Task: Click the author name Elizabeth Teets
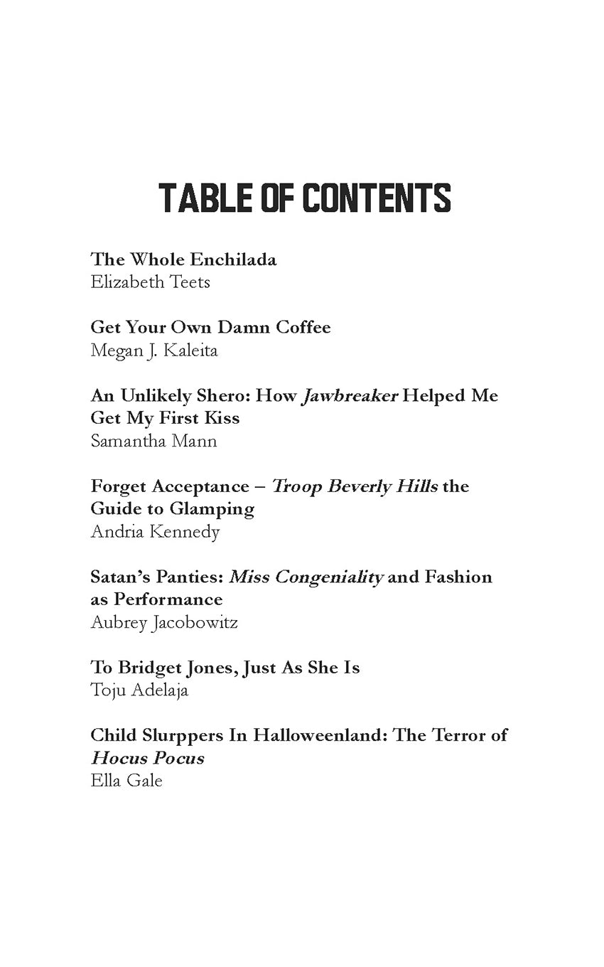(151, 282)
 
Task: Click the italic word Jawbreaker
(350, 396)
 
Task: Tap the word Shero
(225, 396)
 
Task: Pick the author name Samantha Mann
(153, 441)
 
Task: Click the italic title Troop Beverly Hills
(355, 487)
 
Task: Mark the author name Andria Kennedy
(155, 532)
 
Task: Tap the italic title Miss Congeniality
(306, 577)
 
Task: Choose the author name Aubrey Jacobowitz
(164, 623)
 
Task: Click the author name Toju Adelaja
(139, 690)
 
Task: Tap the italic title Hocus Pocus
(148, 758)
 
